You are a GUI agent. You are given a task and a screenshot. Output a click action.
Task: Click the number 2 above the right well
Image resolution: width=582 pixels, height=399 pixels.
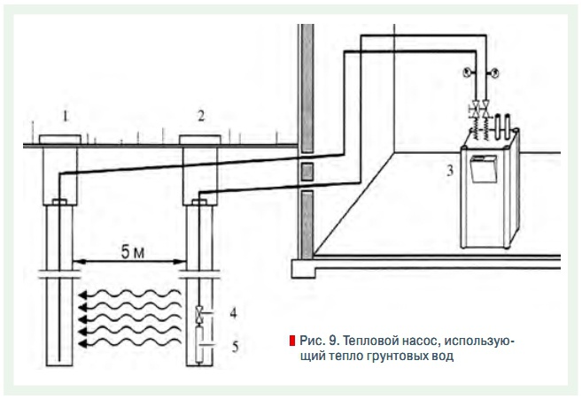pyautogui.click(x=201, y=115)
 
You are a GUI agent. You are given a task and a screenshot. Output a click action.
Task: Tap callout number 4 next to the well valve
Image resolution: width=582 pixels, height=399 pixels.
pyautogui.click(x=233, y=312)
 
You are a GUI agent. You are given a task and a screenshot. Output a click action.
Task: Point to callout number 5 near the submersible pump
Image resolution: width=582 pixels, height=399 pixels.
pyautogui.click(x=233, y=347)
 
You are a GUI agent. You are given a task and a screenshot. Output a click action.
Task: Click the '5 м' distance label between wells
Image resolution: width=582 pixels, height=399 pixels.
pyautogui.click(x=131, y=252)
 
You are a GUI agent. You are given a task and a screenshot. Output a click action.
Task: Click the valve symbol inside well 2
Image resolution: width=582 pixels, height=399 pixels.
pyautogui.click(x=199, y=312)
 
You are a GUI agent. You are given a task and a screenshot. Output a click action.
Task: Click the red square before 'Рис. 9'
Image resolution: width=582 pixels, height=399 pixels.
pyautogui.click(x=291, y=341)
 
